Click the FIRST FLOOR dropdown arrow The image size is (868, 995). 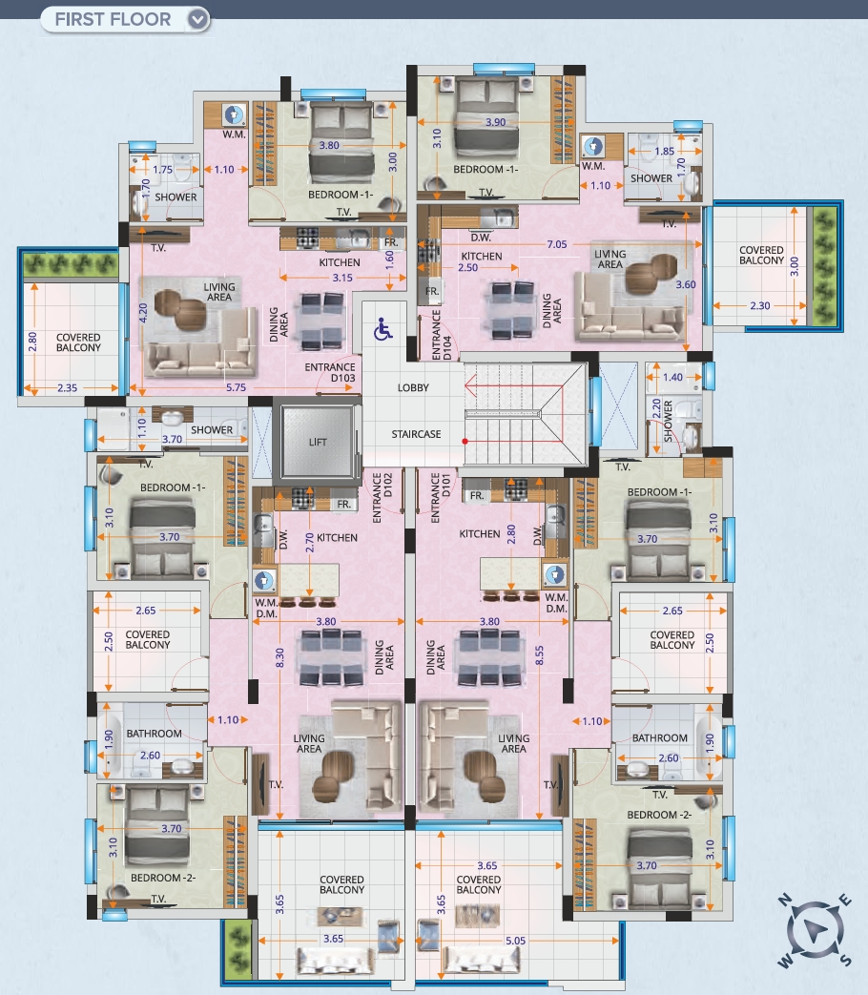(198, 20)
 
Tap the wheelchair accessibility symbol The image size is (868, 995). (382, 329)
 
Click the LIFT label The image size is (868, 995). (318, 443)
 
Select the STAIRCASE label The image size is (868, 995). (416, 434)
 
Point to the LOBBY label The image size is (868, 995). (413, 387)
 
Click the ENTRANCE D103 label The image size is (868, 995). (330, 372)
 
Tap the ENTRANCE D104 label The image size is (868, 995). (442, 335)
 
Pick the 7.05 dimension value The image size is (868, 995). (557, 244)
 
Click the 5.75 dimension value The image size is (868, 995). (236, 387)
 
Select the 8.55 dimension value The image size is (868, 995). (539, 655)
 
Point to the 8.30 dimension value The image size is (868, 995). (279, 657)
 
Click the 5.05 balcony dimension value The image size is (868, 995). (515, 941)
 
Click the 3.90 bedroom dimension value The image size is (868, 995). (496, 122)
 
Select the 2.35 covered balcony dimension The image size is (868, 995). (68, 387)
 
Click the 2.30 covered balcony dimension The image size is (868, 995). (760, 305)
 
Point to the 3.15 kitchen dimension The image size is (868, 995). (342, 278)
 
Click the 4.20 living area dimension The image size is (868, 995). (143, 313)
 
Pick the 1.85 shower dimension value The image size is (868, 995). (664, 151)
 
